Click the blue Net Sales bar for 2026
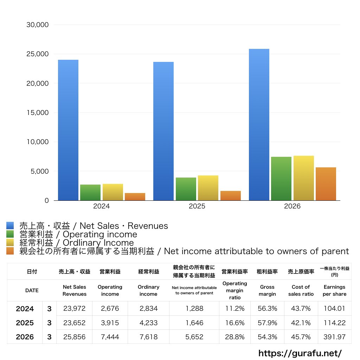[x=259, y=125]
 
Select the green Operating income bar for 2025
[x=186, y=189]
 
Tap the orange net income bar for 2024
[x=135, y=197]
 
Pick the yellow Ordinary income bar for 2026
[x=303, y=178]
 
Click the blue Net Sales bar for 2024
[x=68, y=130]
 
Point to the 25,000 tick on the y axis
[x=37, y=54]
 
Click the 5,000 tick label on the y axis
[x=39, y=171]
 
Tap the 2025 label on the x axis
[x=197, y=206]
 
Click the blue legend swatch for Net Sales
[x=10, y=225]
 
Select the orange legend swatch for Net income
[x=10, y=251]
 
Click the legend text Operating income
[x=100, y=234]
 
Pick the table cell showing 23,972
[x=75, y=308]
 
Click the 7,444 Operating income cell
[x=110, y=337]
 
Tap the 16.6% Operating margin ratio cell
[x=234, y=323]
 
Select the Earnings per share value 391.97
[x=335, y=337]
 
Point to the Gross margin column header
[x=267, y=290]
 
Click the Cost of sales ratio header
[x=301, y=290]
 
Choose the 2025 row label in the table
[x=25, y=323]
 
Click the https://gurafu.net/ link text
[x=300, y=353]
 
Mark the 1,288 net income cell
[x=194, y=308]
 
